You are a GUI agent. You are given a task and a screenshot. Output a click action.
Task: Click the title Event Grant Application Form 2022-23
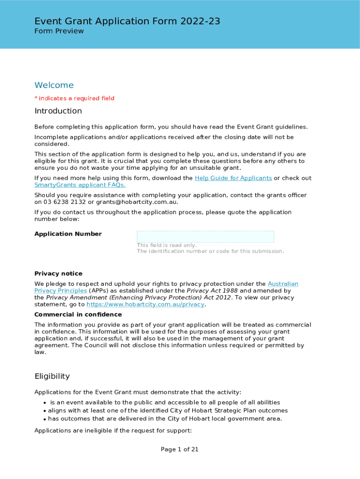coord(127,21)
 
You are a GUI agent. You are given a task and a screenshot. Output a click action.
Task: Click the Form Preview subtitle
coord(59,31)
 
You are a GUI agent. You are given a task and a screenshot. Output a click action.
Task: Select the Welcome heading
coord(54,85)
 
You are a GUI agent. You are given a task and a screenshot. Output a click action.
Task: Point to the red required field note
coord(74,98)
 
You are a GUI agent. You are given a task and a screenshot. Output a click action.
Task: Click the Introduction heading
coord(58,111)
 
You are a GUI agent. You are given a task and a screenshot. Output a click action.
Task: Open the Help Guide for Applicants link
coord(233,178)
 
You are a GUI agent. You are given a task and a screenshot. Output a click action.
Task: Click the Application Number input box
coord(205,237)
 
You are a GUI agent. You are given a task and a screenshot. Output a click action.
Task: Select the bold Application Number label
coord(68,234)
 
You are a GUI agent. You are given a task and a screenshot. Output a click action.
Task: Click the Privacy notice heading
coord(58,274)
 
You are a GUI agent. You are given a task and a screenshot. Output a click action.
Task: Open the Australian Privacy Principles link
coord(282,284)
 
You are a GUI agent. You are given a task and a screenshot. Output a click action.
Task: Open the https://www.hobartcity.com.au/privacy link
coord(145,305)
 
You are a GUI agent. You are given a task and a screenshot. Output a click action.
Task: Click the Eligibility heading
coord(52,376)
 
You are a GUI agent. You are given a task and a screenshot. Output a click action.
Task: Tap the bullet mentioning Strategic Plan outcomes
coord(161,411)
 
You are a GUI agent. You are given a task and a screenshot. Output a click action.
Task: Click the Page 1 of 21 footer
coord(180,450)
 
